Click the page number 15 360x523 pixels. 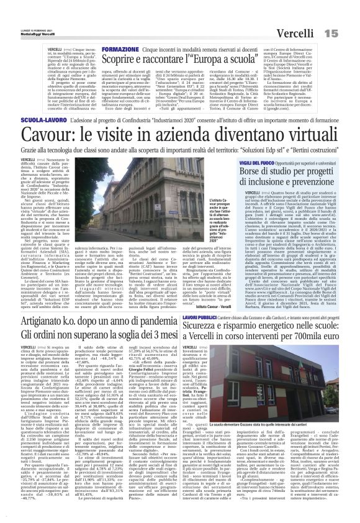346,15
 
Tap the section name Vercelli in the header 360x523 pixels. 310,15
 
